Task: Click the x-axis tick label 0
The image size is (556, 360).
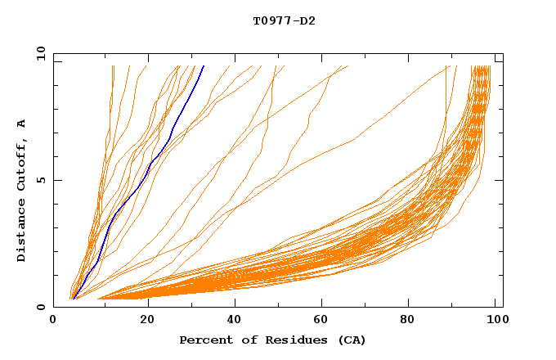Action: click(53, 321)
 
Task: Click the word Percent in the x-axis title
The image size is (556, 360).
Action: click(202, 340)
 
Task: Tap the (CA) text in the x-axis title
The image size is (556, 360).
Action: click(352, 340)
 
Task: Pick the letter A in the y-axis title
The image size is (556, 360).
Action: click(22, 123)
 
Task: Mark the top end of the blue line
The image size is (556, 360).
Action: click(204, 65)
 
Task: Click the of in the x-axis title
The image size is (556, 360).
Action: click(242, 340)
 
